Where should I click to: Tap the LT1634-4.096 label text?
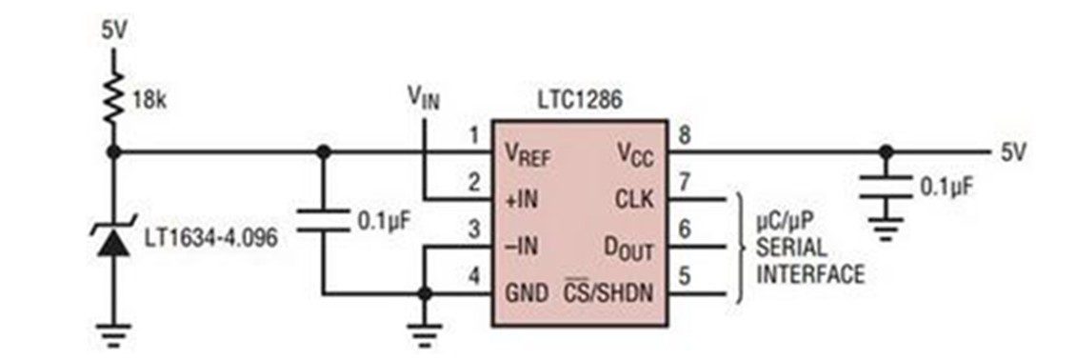[x=211, y=238]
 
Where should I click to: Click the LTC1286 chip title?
[x=579, y=101]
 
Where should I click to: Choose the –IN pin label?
[x=521, y=247]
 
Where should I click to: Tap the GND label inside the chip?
[x=527, y=294]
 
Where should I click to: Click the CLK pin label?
[x=635, y=200]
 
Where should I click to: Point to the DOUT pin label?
[x=628, y=249]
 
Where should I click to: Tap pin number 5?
[x=684, y=277]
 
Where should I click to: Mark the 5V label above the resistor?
[x=114, y=32]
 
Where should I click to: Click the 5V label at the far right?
[x=1013, y=152]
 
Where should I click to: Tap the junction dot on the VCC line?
[x=886, y=151]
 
